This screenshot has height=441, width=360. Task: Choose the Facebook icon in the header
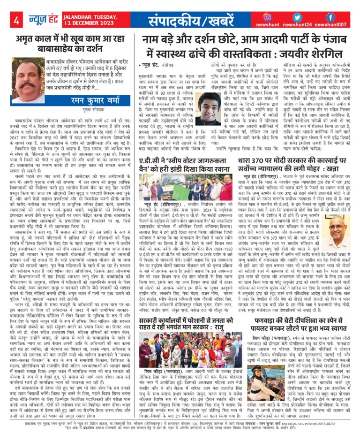[x=330, y=17]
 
